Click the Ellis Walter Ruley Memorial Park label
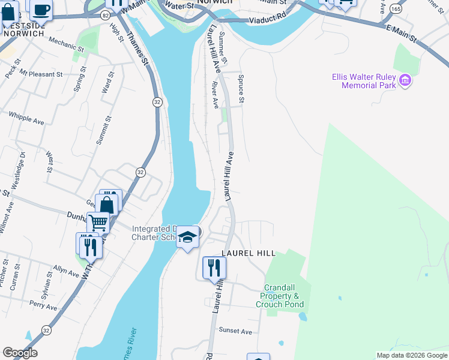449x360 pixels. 364,81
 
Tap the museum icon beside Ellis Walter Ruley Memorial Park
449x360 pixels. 405,80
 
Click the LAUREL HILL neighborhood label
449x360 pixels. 248,253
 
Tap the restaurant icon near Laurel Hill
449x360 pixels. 214,268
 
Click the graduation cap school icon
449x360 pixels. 187,238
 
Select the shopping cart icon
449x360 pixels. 98,223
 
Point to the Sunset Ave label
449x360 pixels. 236,331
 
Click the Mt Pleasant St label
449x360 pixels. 41,74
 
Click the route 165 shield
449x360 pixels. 396,8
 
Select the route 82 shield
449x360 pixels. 104,14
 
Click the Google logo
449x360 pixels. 20,353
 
